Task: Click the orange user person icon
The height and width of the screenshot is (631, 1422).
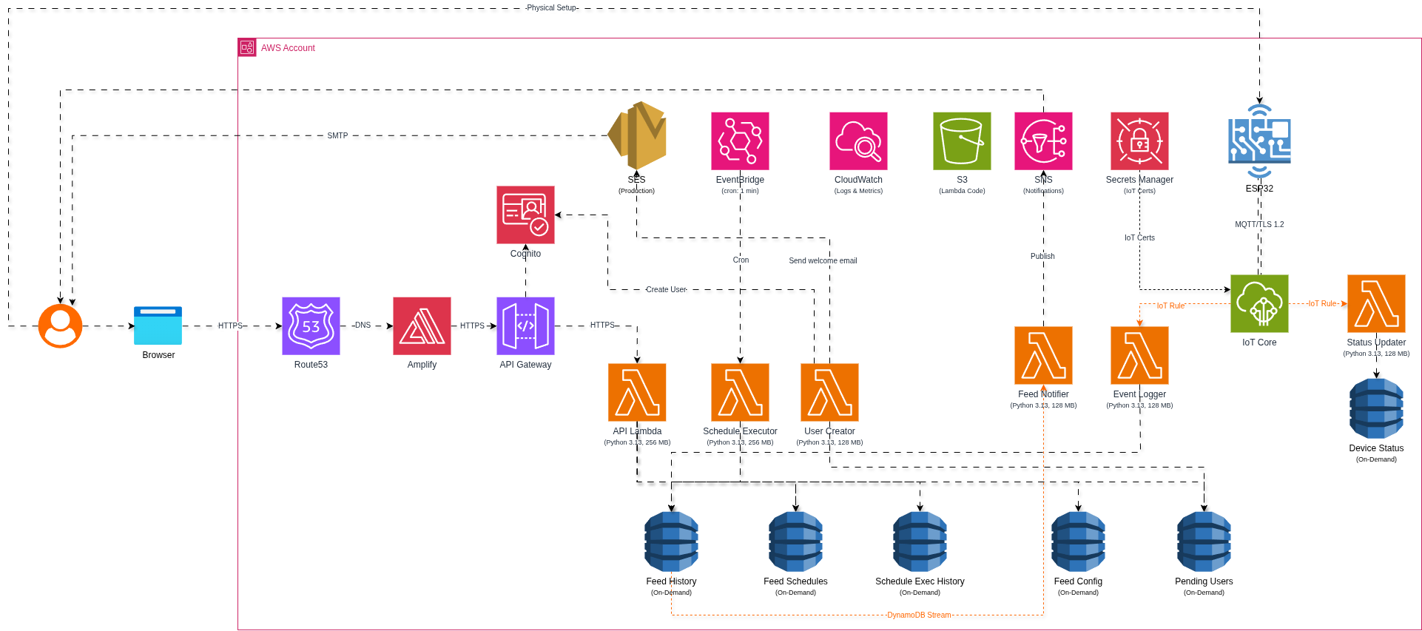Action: pyautogui.click(x=60, y=325)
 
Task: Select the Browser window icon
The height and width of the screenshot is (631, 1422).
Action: pyautogui.click(x=158, y=325)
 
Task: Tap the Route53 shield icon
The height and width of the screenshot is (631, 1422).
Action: pyautogui.click(x=311, y=325)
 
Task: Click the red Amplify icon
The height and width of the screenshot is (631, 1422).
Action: pyautogui.click(x=422, y=325)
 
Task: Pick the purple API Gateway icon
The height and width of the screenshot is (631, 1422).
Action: pyautogui.click(x=525, y=325)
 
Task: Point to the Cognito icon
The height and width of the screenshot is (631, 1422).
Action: pyautogui.click(x=525, y=215)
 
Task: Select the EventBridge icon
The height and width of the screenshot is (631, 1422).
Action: pyautogui.click(x=740, y=141)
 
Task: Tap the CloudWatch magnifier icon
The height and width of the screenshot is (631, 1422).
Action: pyautogui.click(x=858, y=141)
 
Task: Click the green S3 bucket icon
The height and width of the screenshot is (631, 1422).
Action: pyautogui.click(x=962, y=141)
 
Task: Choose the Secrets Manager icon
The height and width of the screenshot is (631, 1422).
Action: pyautogui.click(x=1139, y=141)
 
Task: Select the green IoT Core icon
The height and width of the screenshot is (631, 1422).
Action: pyautogui.click(x=1259, y=303)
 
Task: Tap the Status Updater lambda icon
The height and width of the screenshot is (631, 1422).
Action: pyautogui.click(x=1376, y=303)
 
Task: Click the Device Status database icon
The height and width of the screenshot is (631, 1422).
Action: pyautogui.click(x=1376, y=408)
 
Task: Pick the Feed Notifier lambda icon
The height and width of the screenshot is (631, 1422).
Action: pyautogui.click(x=1043, y=355)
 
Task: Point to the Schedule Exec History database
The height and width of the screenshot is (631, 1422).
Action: pyautogui.click(x=920, y=541)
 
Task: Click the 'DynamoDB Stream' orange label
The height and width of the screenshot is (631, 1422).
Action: pyautogui.click(x=919, y=615)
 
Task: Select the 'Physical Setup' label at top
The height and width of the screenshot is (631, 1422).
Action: pyautogui.click(x=551, y=7)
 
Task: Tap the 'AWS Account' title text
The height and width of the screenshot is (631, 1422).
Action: pyautogui.click(x=288, y=48)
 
